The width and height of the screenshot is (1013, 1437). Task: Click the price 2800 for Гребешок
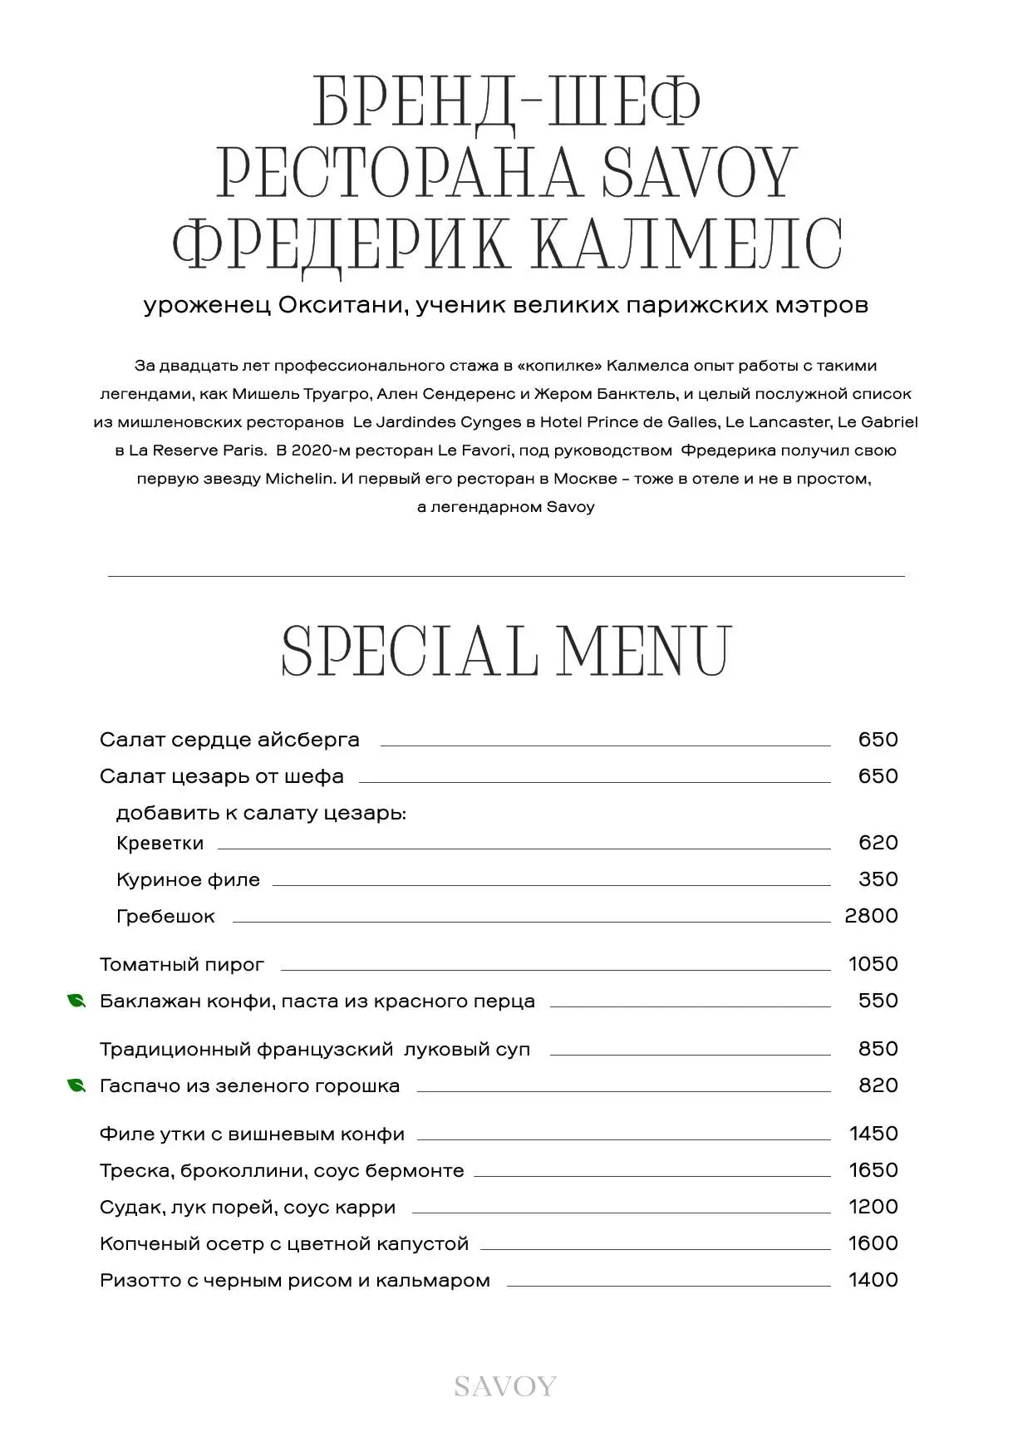pos(871,916)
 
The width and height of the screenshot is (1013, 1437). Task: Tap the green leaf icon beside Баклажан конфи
pos(76,1001)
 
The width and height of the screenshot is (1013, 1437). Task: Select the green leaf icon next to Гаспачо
pos(76,1085)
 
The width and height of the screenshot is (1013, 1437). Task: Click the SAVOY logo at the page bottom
pos(505,1386)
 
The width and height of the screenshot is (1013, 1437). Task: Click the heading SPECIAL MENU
pos(506,651)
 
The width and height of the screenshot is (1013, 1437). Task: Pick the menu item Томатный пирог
pos(182,965)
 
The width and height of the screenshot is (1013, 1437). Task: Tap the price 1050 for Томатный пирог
pos(873,964)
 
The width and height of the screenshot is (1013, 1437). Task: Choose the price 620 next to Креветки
pos(878,843)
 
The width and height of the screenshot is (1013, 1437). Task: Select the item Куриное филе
pos(188,880)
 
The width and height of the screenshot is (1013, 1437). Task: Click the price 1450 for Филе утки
pos(873,1134)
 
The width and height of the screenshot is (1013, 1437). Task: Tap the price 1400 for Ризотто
pos(873,1280)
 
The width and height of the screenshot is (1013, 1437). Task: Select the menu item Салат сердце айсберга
pos(229,740)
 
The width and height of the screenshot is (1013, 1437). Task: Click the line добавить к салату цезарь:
pos(261,813)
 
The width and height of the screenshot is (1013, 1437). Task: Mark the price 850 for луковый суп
pos(878,1049)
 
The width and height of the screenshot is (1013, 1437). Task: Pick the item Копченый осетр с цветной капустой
pos(284,1244)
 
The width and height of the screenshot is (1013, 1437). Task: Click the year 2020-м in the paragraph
pos(312,450)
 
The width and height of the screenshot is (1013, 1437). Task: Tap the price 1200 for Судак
pos(873,1207)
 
